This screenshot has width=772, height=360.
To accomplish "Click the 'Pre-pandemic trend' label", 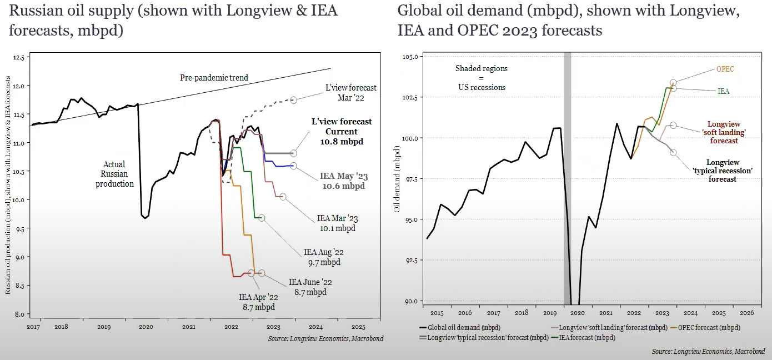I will pyautogui.click(x=214, y=78).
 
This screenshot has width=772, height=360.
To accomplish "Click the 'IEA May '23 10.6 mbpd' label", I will pyautogui.click(x=344, y=181).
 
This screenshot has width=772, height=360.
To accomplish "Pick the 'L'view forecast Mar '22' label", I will pyautogui.click(x=350, y=92).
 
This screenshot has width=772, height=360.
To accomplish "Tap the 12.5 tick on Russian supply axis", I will pyautogui.click(x=19, y=57).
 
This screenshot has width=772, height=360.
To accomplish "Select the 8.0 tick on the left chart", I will pyautogui.click(x=19, y=314).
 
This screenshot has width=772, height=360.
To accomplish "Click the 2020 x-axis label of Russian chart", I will pyautogui.click(x=146, y=327).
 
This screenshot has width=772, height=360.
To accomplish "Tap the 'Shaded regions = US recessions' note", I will pyautogui.click(x=482, y=78).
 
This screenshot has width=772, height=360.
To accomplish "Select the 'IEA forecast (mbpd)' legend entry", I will pyautogui.click(x=586, y=337).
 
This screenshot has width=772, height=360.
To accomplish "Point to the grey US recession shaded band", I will pyautogui.click(x=567, y=178).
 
